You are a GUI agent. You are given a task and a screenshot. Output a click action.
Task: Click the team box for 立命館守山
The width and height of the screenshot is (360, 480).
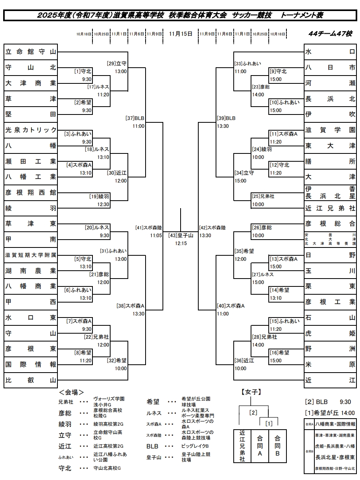(x=31, y=52)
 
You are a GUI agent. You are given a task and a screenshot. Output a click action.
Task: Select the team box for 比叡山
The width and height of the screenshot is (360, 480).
(x=31, y=380)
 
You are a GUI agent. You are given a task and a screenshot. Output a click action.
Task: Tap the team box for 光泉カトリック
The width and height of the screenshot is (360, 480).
(x=31, y=130)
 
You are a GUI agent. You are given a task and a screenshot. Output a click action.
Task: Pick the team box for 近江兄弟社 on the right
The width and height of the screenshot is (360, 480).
(x=330, y=209)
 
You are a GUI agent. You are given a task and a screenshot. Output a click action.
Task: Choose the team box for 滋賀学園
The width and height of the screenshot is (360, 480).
(x=330, y=130)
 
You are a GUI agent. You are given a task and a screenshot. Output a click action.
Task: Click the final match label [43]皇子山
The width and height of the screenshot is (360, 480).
(x=181, y=236)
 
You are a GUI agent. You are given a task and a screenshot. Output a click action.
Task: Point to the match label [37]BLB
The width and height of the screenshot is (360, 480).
(x=135, y=118)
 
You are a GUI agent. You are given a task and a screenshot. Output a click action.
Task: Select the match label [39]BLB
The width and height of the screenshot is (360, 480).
(x=226, y=118)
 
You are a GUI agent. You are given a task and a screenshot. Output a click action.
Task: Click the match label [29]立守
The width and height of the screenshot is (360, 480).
(x=116, y=63)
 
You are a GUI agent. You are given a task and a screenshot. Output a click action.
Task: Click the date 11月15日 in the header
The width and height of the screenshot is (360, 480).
(x=181, y=34)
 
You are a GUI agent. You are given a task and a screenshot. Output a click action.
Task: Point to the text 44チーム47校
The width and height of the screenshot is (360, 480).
(x=330, y=34)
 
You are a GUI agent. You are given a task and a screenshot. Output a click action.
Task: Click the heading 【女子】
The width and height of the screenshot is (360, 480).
(x=251, y=392)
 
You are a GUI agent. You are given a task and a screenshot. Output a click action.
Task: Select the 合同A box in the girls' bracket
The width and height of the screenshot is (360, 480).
(x=260, y=445)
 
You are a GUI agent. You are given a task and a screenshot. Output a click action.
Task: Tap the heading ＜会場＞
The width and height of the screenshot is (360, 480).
(x=71, y=392)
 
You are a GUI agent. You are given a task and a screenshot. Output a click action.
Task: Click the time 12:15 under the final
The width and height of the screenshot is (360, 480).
(x=181, y=244)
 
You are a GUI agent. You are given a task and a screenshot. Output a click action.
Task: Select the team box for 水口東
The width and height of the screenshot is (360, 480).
(x=31, y=318)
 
